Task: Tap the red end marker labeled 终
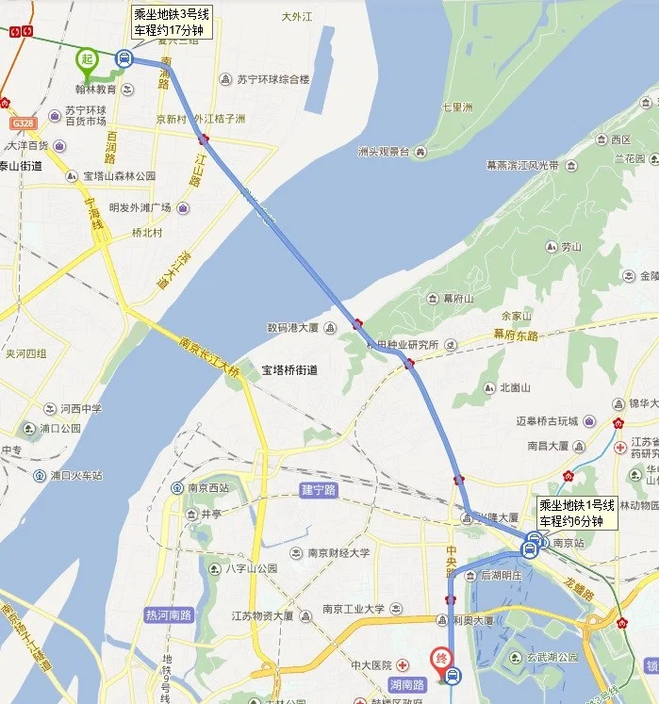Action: [440, 659]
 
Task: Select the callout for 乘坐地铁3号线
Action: [172, 22]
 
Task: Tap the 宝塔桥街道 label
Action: [289, 370]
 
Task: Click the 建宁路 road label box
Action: [319, 490]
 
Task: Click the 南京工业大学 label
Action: [353, 610]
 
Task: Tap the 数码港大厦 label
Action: [289, 328]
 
